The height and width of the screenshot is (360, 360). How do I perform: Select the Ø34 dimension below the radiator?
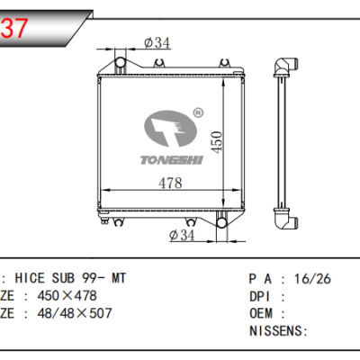[183, 237]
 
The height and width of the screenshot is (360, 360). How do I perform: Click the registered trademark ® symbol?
[196, 114]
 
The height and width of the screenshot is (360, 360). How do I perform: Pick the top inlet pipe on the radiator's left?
[119, 62]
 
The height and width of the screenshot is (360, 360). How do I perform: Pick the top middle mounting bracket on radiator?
[159, 62]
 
